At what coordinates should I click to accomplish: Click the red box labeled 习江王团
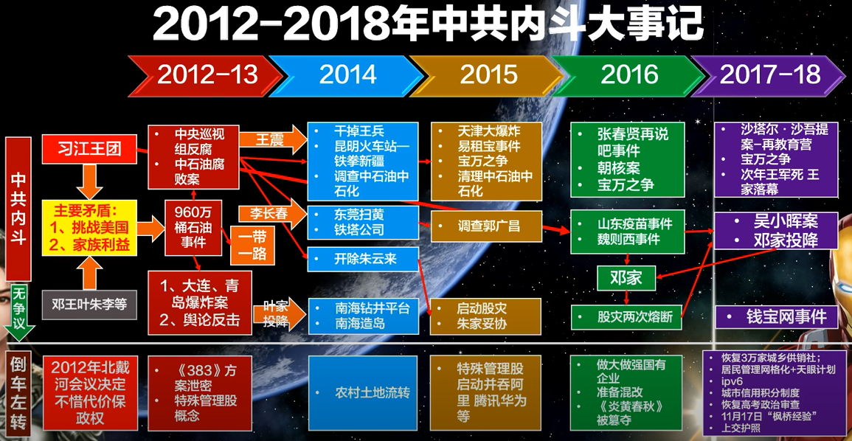(x=89, y=150)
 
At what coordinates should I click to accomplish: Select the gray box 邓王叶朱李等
(x=89, y=305)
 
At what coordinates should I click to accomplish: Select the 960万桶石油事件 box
(x=193, y=228)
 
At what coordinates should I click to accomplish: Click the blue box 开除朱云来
(x=363, y=259)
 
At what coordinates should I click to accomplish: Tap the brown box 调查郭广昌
(x=486, y=226)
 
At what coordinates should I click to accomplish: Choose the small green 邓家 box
(x=626, y=279)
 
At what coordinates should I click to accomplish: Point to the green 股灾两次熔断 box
(x=626, y=316)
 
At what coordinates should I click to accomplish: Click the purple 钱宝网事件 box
(x=776, y=316)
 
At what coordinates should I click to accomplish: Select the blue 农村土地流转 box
(x=363, y=392)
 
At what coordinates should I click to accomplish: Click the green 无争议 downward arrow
(x=19, y=312)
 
